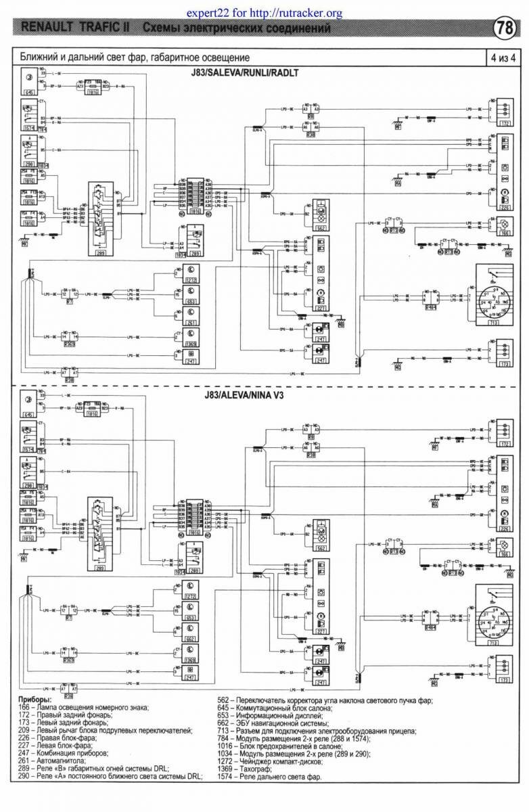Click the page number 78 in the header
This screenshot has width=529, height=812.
point(505,28)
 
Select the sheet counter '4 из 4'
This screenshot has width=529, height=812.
point(504,58)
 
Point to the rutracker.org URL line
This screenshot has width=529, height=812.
point(264,12)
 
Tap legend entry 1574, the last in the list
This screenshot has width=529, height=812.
point(279,777)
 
